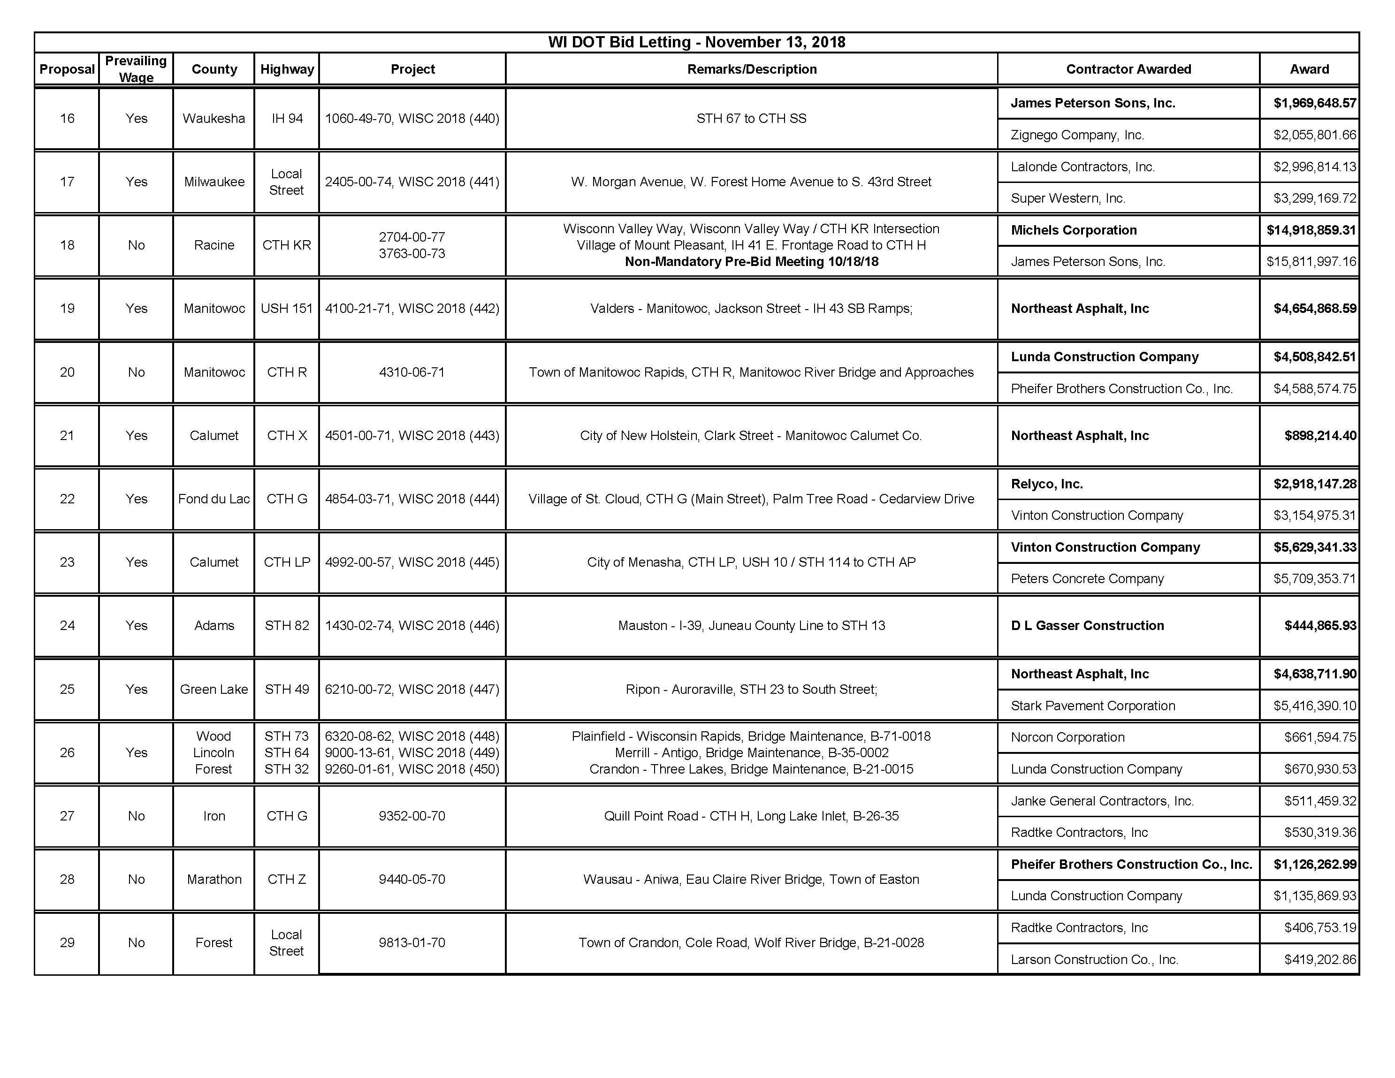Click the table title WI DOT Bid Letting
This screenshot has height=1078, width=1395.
tap(696, 42)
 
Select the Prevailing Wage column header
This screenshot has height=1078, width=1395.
tap(136, 69)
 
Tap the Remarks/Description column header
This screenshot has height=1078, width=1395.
tap(752, 69)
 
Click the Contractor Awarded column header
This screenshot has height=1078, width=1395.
tap(1128, 69)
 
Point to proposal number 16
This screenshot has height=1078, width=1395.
tap(67, 118)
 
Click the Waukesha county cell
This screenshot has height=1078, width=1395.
tap(214, 118)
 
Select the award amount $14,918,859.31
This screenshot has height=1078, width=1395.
tap(1311, 230)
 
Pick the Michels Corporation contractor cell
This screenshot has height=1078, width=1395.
tap(1074, 230)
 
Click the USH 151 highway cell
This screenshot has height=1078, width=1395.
tap(287, 309)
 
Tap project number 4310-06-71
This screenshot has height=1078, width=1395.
tap(412, 372)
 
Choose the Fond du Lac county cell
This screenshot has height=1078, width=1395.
tap(214, 499)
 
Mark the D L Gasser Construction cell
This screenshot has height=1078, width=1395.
tap(1087, 625)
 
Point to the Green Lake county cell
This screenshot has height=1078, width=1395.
tap(214, 689)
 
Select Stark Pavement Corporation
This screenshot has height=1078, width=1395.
tap(1093, 706)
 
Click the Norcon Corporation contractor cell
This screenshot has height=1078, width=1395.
tap(1067, 737)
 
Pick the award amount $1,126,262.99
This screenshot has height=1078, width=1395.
tap(1314, 864)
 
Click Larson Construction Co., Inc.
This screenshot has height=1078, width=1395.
tap(1094, 959)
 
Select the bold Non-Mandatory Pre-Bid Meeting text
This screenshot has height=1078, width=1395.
tap(752, 262)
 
